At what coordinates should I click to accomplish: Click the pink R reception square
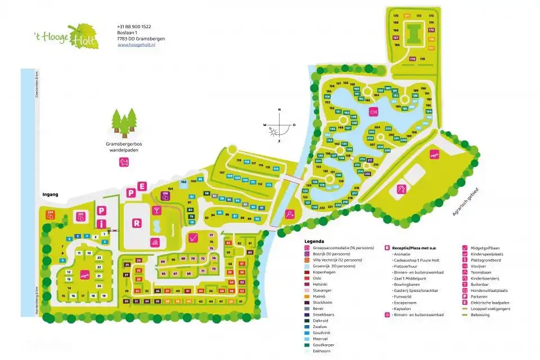pos(136,222)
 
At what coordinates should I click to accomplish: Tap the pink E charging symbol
pos(143,186)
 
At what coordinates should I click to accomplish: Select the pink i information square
pos(101,223)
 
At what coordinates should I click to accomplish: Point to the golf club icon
pos(192,237)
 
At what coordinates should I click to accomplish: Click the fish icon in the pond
pos(372,111)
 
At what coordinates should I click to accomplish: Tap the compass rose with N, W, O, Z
pos(278,125)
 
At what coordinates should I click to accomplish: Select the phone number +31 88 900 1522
pos(134,26)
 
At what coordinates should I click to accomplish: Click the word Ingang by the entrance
pos(51,195)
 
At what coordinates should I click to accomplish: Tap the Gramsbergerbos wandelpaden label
pos(124,148)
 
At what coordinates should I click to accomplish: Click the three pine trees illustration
pos(124,121)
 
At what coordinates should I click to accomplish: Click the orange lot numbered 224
pos(50,214)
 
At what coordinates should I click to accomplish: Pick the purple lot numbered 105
pos(165,195)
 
